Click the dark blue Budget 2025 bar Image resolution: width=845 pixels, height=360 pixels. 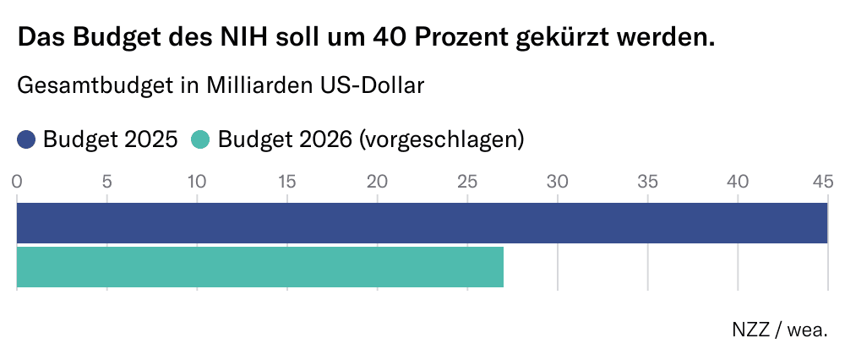tap(422, 223)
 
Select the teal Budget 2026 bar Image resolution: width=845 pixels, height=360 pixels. tap(260, 267)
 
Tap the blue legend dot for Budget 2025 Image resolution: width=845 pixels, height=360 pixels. tap(26, 139)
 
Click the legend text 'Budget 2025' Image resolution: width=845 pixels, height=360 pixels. tap(110, 139)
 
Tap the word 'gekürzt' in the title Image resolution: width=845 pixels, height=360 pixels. tap(565, 38)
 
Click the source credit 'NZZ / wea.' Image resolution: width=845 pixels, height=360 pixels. tap(779, 330)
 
